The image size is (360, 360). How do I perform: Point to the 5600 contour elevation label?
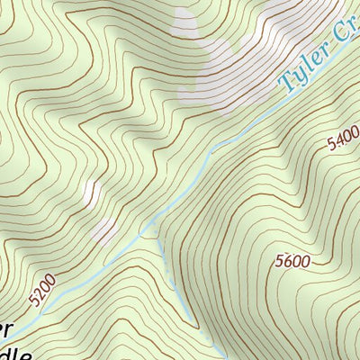tap(292, 262)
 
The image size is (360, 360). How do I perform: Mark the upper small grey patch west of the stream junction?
tap(91, 192)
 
